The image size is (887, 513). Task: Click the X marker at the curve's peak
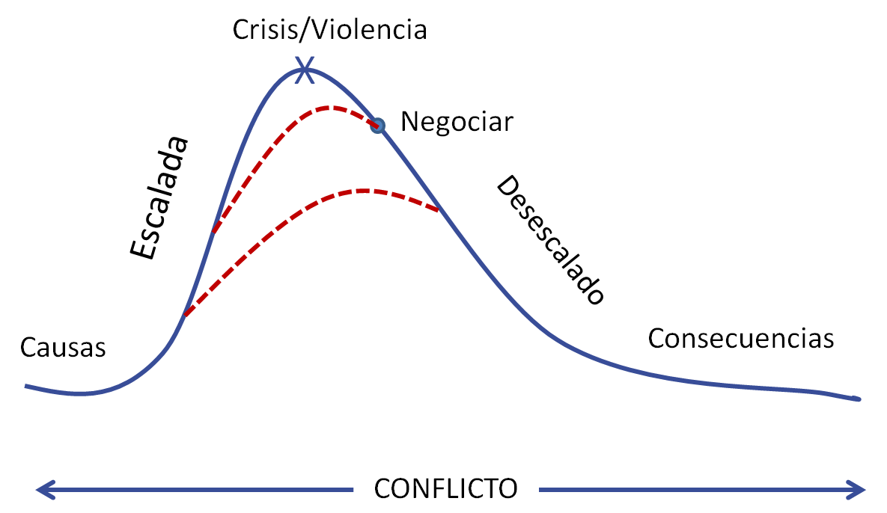click(x=305, y=70)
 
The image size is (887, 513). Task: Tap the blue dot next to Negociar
click(x=377, y=126)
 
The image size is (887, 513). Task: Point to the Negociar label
click(x=457, y=122)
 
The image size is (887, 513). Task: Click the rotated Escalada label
click(x=159, y=197)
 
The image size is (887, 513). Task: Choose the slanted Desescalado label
click(x=550, y=239)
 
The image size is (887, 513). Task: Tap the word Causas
click(x=63, y=348)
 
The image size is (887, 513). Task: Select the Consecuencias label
click(x=740, y=339)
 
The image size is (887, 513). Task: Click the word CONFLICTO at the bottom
click(x=446, y=489)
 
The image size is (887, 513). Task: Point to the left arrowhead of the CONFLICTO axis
click(x=45, y=490)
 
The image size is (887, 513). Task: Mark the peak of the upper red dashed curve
click(x=328, y=107)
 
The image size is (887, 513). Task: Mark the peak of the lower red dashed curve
click(x=362, y=191)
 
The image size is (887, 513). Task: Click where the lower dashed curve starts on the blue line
click(x=186, y=315)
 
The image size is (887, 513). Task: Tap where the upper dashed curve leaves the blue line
click(x=213, y=232)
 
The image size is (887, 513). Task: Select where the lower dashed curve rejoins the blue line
click(x=439, y=211)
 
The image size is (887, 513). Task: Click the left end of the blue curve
click(x=26, y=387)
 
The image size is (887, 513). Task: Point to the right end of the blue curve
click(x=859, y=399)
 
